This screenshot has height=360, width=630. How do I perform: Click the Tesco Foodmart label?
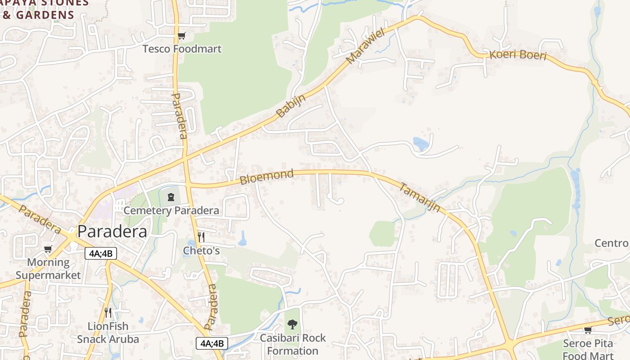click(x=182, y=49)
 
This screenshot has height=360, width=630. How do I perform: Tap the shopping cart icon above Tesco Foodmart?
click(x=181, y=36)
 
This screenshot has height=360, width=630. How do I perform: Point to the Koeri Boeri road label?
click(x=517, y=55)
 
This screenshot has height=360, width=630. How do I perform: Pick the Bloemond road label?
click(x=266, y=177)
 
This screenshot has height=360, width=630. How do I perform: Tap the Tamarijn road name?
click(x=419, y=198)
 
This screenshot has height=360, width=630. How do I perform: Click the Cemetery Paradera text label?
click(x=171, y=210)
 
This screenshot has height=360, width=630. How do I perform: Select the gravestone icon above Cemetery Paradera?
click(x=171, y=197)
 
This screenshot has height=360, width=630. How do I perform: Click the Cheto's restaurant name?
click(x=201, y=251)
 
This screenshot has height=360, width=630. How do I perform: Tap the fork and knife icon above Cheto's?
click(x=201, y=237)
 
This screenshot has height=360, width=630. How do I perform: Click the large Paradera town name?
click(x=112, y=231)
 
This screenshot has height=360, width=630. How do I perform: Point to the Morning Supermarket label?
click(x=48, y=269)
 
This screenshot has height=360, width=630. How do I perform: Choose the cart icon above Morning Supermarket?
click(x=48, y=249)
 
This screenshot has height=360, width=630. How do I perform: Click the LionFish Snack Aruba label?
click(x=108, y=333)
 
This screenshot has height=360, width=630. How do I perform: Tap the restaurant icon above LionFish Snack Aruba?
click(x=108, y=313)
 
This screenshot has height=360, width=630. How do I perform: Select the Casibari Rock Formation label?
click(x=292, y=344)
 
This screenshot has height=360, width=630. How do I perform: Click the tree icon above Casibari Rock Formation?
click(x=292, y=324)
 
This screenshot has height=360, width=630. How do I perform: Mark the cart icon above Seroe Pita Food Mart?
click(x=588, y=330)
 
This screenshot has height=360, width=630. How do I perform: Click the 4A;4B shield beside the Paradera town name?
click(x=101, y=253)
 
